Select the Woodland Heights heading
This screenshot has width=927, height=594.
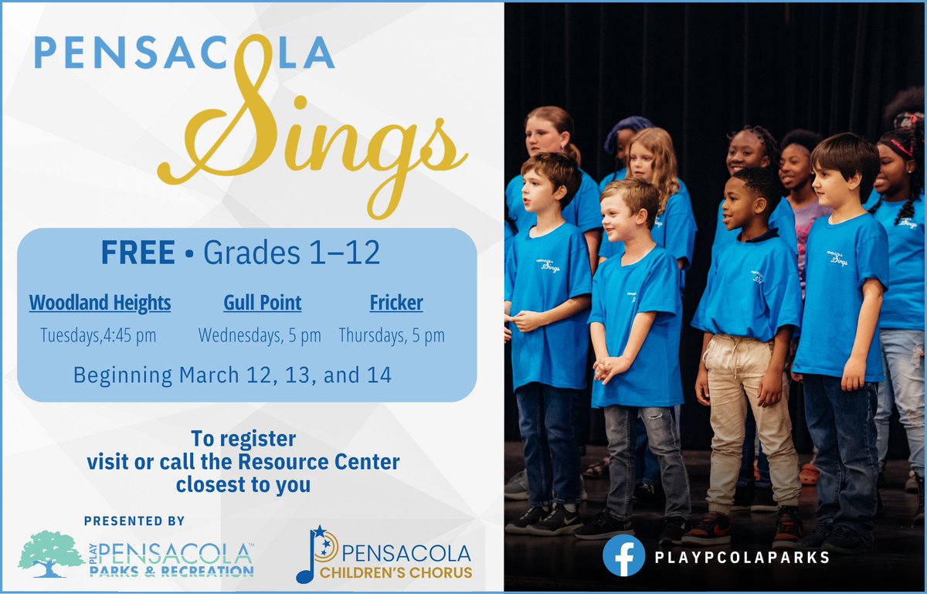(100, 302)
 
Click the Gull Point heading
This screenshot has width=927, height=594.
(263, 302)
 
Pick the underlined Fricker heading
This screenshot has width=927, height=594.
(396, 302)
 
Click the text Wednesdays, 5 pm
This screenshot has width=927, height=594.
(260, 335)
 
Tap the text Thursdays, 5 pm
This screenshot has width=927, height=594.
(392, 335)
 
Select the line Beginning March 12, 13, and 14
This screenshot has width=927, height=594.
(232, 375)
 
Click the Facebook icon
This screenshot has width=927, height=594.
(623, 555)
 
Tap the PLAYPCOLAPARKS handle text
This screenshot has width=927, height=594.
(742, 556)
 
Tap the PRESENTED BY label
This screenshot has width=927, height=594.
(134, 521)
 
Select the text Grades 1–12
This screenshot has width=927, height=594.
(292, 254)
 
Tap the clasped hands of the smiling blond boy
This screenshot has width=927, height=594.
(611, 366)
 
